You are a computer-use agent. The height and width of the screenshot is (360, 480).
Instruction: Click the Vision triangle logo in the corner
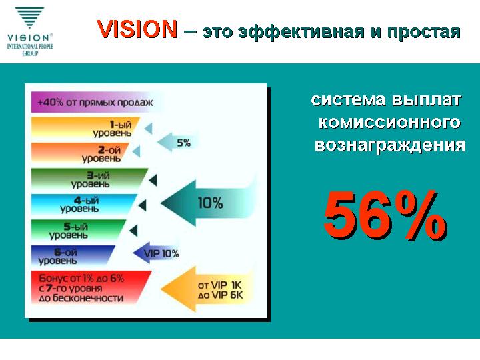(30, 18)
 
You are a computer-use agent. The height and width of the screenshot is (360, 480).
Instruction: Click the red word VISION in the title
(137, 29)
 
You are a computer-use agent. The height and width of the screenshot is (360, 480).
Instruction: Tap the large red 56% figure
(385, 215)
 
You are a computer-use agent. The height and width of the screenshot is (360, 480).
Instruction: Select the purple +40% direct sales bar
(95, 102)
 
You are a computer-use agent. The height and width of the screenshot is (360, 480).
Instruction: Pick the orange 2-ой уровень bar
(79, 153)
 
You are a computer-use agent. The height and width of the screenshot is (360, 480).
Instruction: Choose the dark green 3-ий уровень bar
(88, 179)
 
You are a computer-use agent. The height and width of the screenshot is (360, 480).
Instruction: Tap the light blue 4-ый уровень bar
(83, 205)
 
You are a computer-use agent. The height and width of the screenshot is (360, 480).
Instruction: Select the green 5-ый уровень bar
(78, 230)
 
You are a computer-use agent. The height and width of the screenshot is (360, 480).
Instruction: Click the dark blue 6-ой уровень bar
(72, 255)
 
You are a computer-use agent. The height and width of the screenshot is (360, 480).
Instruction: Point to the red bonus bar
(89, 288)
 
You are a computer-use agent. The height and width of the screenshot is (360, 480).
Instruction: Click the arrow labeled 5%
(177, 142)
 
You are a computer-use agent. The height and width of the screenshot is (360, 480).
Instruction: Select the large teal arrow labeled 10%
(207, 203)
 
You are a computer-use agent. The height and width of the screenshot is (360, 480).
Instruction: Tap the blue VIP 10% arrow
(156, 253)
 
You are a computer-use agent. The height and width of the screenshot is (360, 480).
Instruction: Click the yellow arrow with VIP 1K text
(207, 289)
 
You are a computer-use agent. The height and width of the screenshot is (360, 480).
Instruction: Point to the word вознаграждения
(390, 145)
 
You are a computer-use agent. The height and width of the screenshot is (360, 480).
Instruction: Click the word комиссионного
(389, 123)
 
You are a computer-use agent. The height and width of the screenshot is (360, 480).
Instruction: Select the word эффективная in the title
(301, 32)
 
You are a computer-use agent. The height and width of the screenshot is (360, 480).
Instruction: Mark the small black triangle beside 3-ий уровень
(154, 180)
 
